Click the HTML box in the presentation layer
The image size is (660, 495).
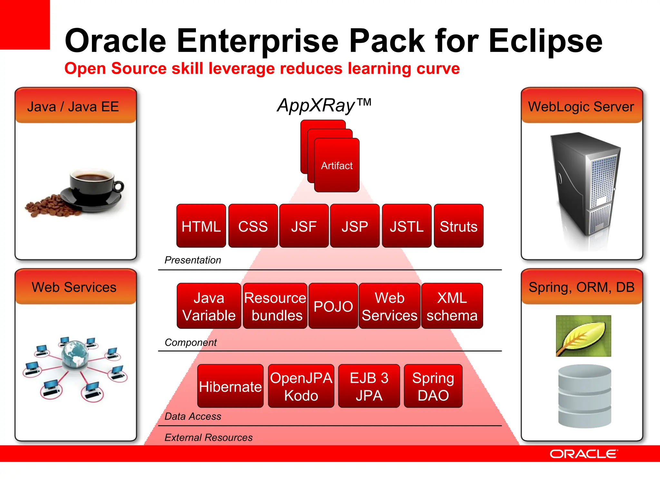click(x=201, y=226)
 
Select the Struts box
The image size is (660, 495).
click(x=458, y=226)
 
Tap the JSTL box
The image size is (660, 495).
click(x=406, y=226)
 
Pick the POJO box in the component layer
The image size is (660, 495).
click(x=333, y=306)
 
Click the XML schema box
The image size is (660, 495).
click(x=452, y=306)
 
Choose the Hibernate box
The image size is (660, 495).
click(x=230, y=386)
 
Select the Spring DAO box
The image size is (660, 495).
click(x=433, y=386)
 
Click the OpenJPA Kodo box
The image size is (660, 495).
click(x=301, y=386)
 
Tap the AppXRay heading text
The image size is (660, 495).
click(x=324, y=105)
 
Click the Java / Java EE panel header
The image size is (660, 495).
click(x=76, y=106)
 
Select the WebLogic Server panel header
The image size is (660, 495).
click(x=582, y=106)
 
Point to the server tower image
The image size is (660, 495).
click(x=585, y=184)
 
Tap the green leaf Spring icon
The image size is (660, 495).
click(x=583, y=336)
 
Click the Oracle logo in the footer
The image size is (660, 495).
click(x=584, y=454)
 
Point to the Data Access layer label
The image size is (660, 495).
click(x=193, y=416)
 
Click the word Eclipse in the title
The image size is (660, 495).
click(x=545, y=41)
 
